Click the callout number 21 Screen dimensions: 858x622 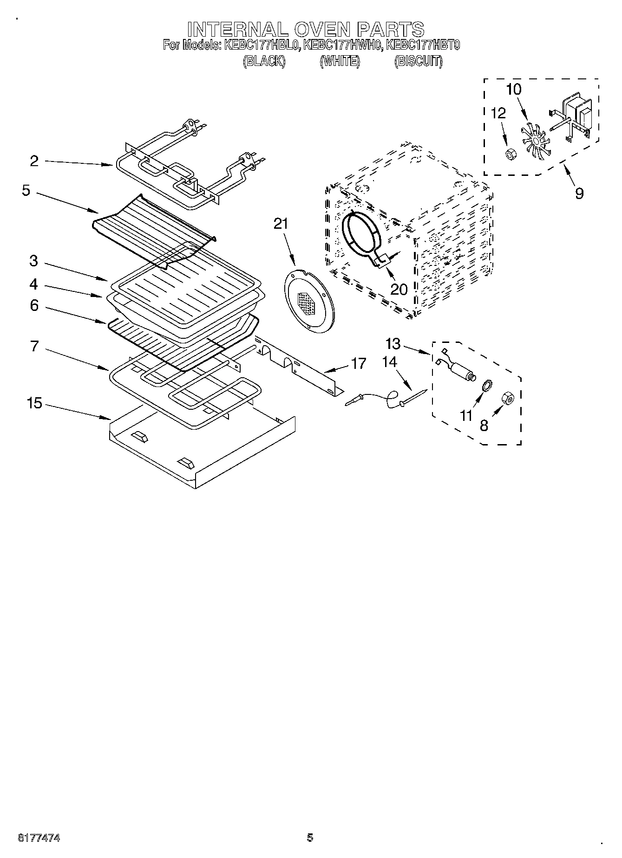point(281,224)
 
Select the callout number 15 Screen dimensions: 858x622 point(34,403)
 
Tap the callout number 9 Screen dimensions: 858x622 point(579,193)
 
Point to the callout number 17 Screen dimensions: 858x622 point(359,363)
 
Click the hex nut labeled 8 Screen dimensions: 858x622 point(508,398)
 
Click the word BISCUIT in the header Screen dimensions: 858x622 point(418,62)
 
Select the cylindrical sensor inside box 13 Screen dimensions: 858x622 point(461,372)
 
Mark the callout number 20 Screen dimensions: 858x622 point(399,289)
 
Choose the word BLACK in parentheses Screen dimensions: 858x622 point(264,62)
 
